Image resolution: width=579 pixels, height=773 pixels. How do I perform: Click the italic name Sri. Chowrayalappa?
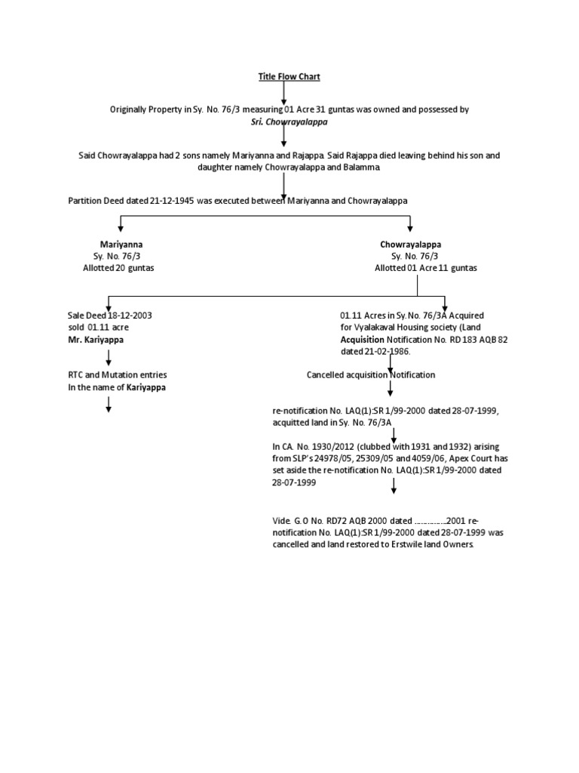click(x=283, y=121)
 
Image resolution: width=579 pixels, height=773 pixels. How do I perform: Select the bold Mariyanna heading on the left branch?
click(x=121, y=245)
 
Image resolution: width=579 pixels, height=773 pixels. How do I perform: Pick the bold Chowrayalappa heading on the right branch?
click(x=411, y=245)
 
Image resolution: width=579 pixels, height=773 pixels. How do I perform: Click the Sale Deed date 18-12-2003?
click(x=135, y=315)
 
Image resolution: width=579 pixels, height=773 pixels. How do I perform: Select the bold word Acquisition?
click(x=366, y=340)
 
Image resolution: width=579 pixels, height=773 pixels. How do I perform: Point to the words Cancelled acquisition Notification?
click(x=371, y=375)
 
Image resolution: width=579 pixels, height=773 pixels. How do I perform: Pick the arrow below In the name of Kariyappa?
click(x=109, y=405)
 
